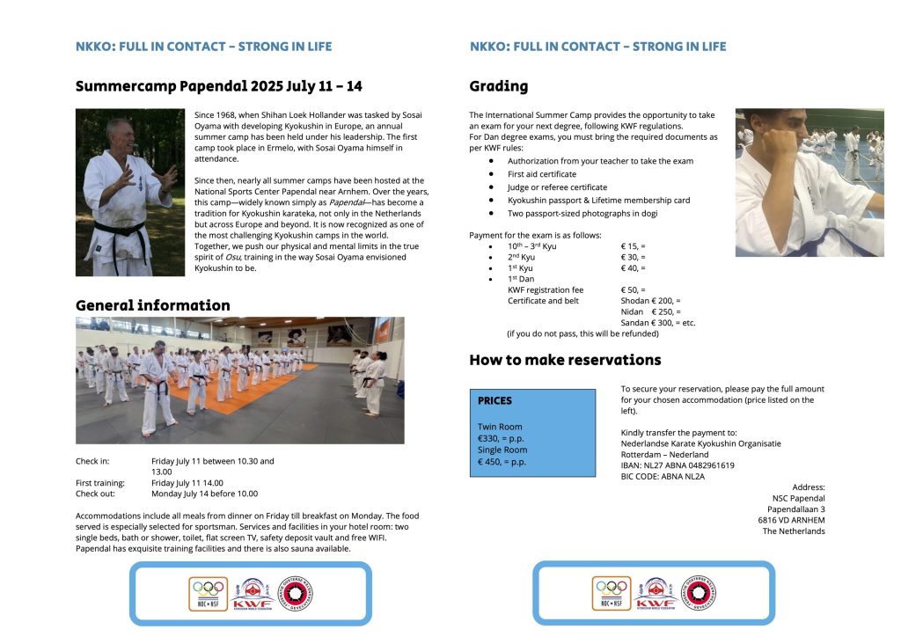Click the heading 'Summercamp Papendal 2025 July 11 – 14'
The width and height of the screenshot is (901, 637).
click(x=218, y=86)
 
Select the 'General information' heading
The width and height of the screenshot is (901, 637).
click(x=152, y=305)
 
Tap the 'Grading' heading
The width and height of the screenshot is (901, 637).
click(x=499, y=86)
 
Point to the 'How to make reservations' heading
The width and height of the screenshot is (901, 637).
click(x=565, y=359)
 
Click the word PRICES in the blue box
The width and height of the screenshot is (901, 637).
click(x=494, y=400)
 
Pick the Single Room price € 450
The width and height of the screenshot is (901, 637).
click(x=502, y=461)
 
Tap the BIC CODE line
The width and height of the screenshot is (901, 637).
click(x=663, y=476)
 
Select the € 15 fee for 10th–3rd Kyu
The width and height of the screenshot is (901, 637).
click(x=633, y=246)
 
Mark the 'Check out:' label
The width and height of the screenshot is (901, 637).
click(x=97, y=494)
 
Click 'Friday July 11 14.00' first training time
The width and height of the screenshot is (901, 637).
click(x=187, y=482)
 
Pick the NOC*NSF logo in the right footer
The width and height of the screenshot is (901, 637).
click(x=612, y=594)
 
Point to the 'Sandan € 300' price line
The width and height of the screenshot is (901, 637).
click(x=658, y=323)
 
